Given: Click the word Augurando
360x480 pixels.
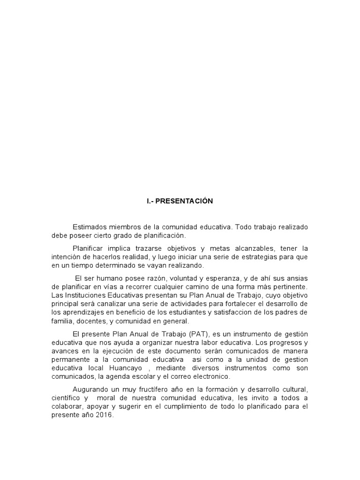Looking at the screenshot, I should point(90,390).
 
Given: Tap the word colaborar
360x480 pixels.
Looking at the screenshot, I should point(66,407).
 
